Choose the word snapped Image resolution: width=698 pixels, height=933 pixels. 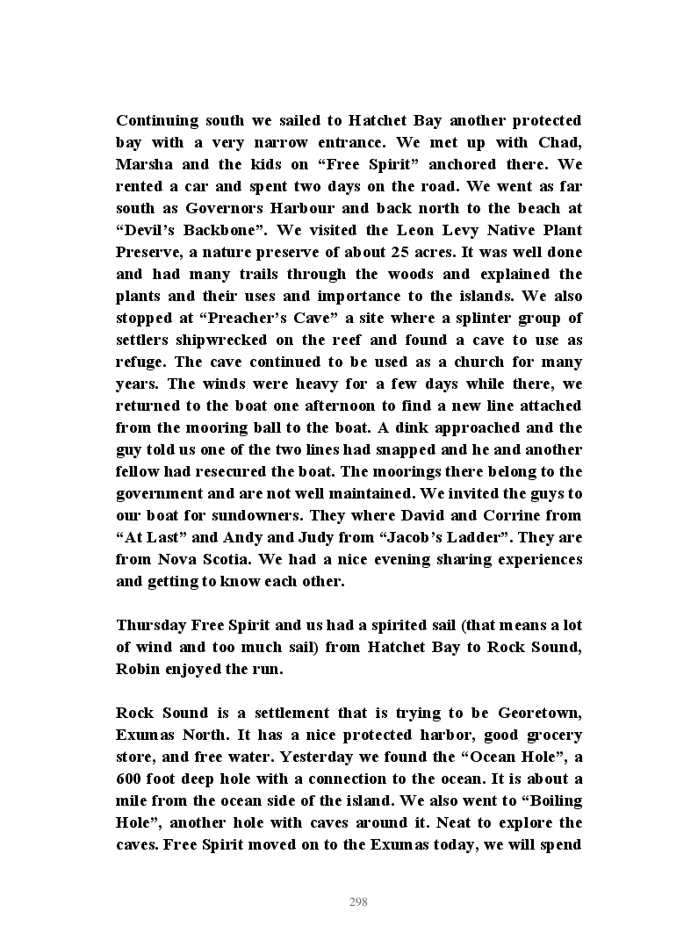click(x=395, y=449)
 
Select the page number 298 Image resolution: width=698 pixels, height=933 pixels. click(x=358, y=902)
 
